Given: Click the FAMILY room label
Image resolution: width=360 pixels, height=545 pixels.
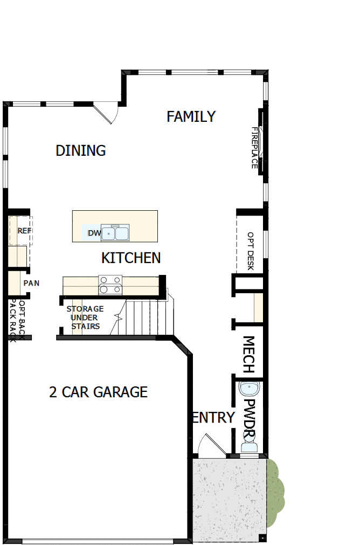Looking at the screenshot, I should (x=191, y=116).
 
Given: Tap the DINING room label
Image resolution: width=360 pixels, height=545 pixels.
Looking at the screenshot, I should (x=81, y=150).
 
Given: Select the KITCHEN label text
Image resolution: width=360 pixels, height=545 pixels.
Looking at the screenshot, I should (x=131, y=258).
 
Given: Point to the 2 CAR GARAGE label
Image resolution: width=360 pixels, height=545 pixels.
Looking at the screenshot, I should (x=98, y=392).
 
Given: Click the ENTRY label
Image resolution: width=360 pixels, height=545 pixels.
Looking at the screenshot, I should (x=213, y=417).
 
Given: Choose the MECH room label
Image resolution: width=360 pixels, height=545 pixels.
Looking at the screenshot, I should (x=248, y=355).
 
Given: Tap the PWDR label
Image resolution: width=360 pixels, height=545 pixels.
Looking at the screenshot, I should (x=249, y=418).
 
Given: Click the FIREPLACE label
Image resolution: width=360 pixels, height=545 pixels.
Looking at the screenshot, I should (x=255, y=148).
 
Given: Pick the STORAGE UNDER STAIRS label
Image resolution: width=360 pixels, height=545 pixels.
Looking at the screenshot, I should (x=85, y=318).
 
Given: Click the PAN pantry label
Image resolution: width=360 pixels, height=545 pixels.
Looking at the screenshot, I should (x=31, y=283).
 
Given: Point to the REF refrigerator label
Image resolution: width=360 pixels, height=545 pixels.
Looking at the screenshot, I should (x=24, y=231).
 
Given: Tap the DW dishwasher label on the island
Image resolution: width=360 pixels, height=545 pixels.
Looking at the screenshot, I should (x=94, y=233).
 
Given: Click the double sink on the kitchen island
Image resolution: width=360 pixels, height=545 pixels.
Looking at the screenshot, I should (x=115, y=233).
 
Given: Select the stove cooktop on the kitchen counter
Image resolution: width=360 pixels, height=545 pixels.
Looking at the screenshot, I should (x=110, y=285).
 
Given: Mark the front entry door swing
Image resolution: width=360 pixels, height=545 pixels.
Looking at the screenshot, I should (x=209, y=445).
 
